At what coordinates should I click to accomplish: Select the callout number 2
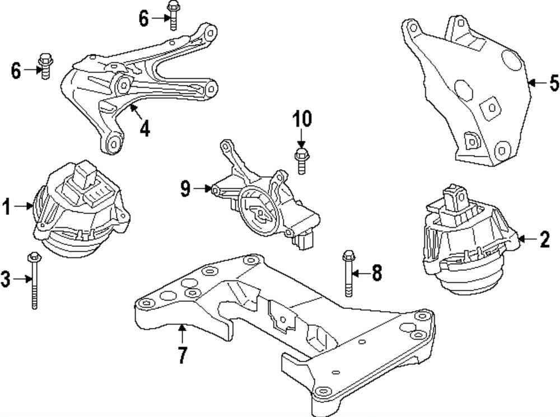[545, 239]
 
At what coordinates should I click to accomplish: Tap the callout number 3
[6, 279]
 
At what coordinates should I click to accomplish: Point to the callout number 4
[144, 128]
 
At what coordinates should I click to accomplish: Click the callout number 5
[554, 83]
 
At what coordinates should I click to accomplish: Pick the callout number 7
[183, 355]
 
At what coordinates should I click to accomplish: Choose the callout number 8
[377, 273]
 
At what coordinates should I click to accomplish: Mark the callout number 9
[185, 189]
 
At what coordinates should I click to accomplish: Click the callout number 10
[302, 118]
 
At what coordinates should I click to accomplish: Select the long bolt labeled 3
[34, 280]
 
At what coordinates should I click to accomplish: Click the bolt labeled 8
[348, 274]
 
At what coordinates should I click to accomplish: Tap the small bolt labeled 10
[301, 161]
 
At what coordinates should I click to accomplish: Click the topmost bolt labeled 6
[173, 15]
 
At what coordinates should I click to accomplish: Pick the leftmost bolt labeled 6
[45, 66]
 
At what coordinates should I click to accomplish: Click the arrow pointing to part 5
[537, 83]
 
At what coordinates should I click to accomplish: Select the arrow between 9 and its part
[203, 189]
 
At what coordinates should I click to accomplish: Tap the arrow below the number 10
[301, 138]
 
